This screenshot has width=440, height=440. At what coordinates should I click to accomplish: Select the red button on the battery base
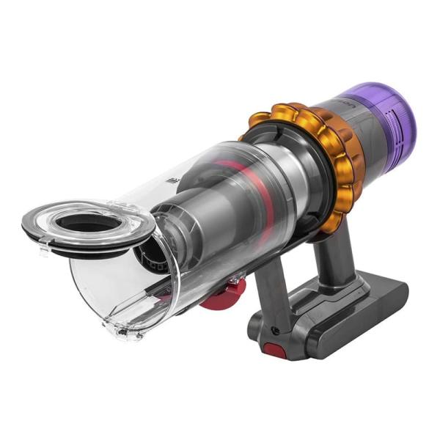pos(275,351)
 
